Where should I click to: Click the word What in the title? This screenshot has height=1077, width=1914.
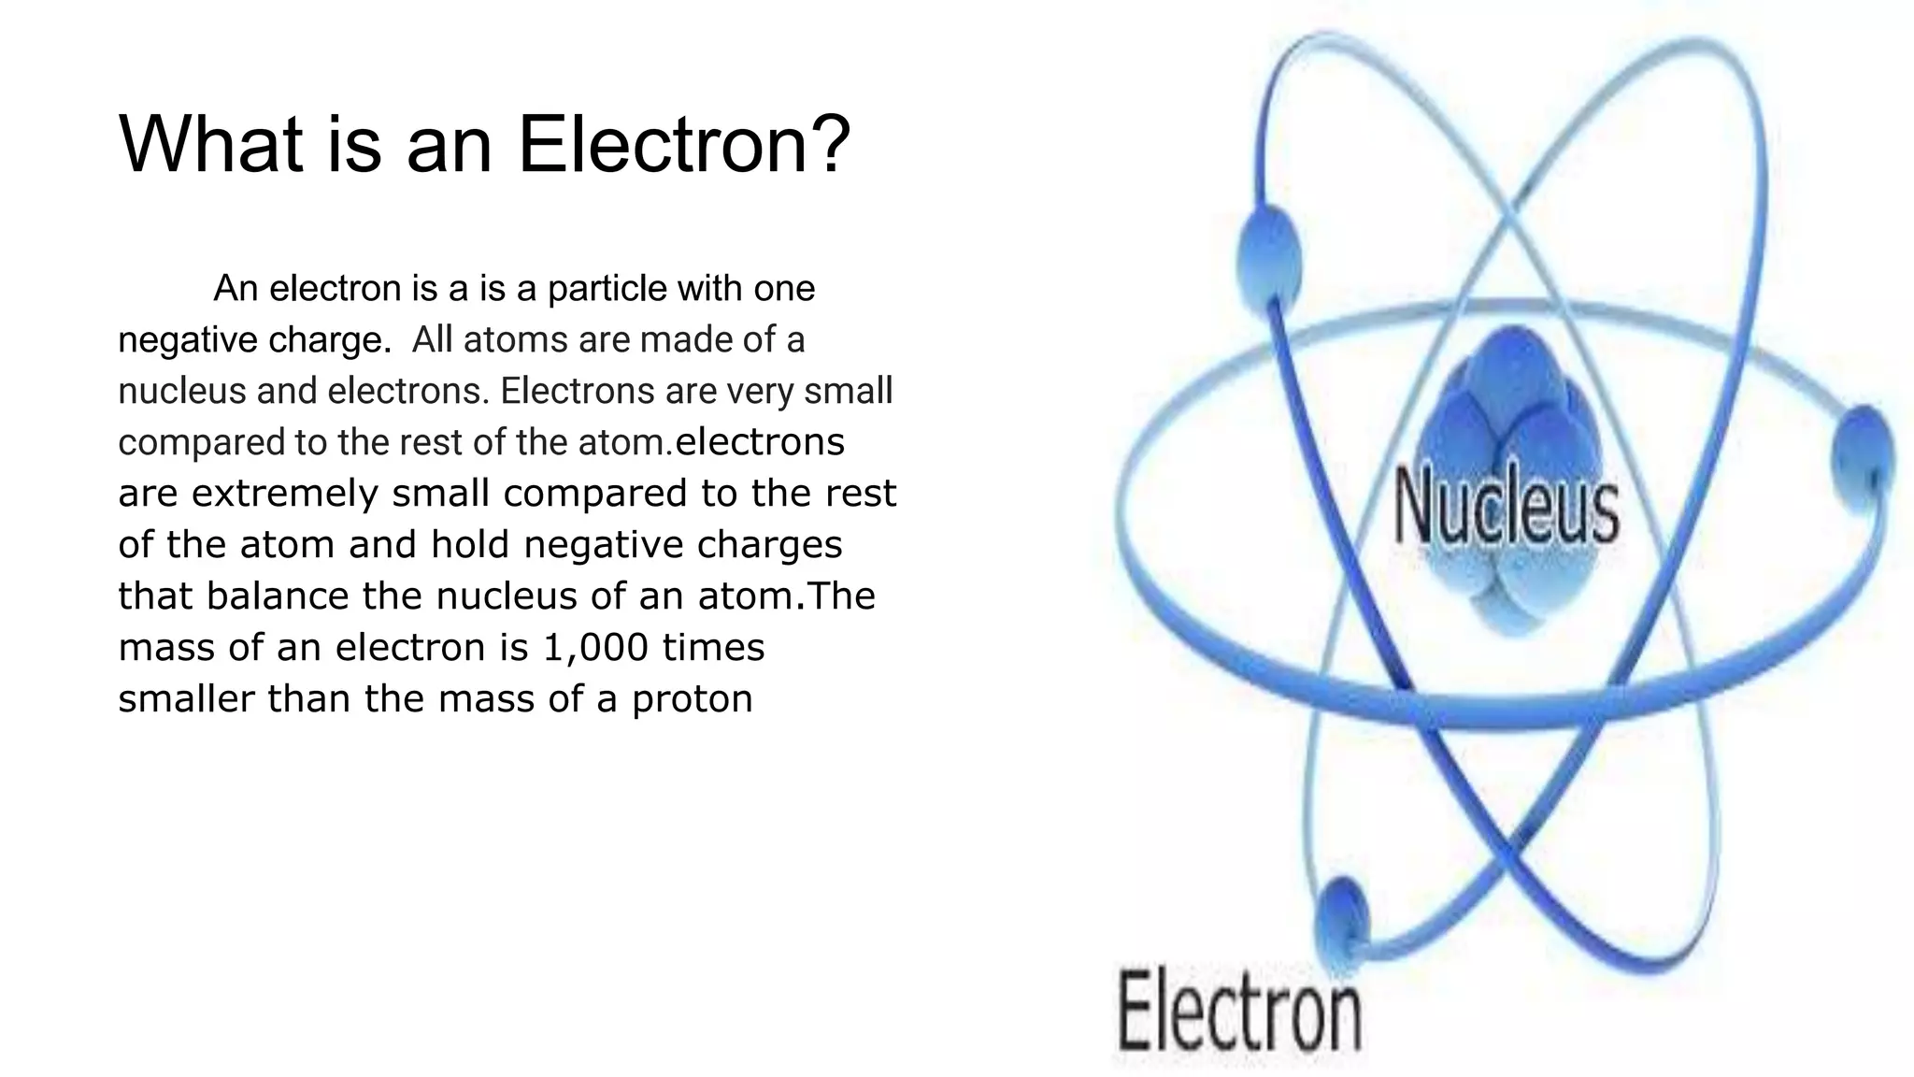point(211,144)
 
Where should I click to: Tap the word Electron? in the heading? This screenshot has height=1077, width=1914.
point(683,144)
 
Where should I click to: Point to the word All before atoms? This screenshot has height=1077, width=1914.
point(432,340)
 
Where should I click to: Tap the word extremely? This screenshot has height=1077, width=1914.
point(285,494)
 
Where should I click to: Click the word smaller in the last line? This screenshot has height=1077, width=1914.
point(186,698)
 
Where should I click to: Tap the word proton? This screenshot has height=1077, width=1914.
point(692,700)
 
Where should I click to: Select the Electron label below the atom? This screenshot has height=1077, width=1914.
point(1240,1011)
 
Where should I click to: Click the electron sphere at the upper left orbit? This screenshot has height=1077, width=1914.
point(1269,249)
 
